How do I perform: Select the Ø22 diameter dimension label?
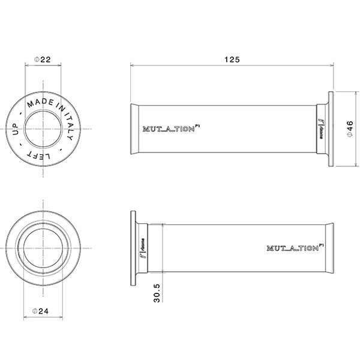click(42, 59)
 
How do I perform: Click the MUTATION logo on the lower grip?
click(295, 247)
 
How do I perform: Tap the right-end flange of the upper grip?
click(331, 129)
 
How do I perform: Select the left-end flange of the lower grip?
click(134, 247)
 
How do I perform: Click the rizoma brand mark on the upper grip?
click(321, 129)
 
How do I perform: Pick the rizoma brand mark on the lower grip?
click(145, 247)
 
